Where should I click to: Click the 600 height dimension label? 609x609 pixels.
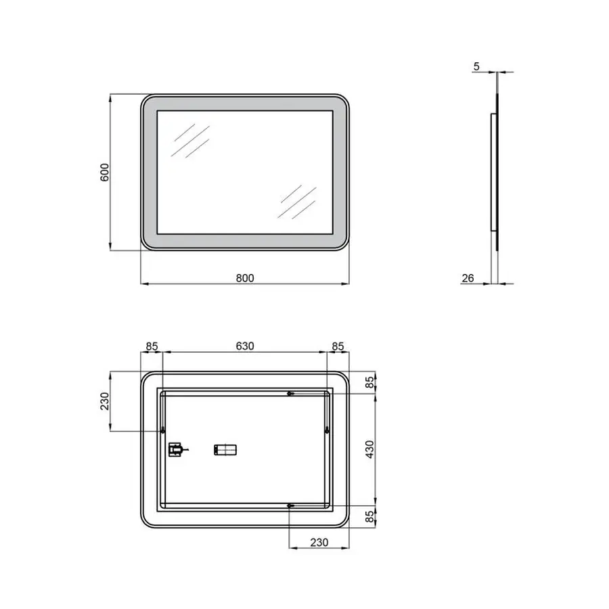coord(104,173)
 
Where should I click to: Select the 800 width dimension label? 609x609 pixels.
coord(245,277)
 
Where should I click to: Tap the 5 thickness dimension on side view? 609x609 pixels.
coord(476,66)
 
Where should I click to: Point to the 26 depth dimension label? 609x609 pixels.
coord(468,277)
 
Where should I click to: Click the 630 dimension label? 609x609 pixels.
coord(244,346)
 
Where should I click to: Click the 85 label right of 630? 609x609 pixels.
coord(338,346)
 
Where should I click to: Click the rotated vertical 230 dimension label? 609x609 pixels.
coord(104,401)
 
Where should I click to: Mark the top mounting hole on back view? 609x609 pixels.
coord(290,394)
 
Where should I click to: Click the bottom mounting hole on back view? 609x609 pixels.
coord(290,505)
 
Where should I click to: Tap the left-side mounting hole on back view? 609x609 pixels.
coord(163,430)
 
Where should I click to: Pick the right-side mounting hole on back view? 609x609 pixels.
coord(327,430)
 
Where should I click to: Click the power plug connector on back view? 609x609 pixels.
coord(177,449)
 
